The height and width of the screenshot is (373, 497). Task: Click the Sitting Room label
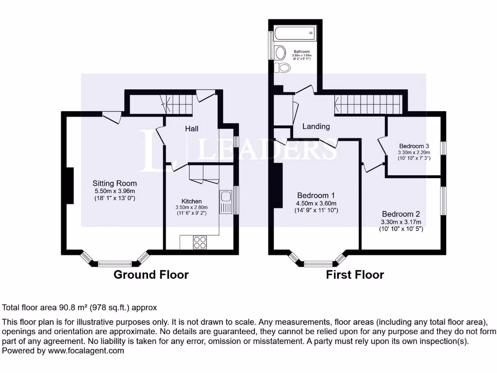point(115,183)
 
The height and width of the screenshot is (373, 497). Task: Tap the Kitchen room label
point(191,201)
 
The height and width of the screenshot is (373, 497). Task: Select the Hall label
point(191,129)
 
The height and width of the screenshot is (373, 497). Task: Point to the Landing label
point(316,126)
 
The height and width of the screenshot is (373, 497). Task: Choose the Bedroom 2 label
point(401,214)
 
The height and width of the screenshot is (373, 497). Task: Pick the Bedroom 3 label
point(414,146)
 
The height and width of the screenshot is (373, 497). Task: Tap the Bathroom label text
point(301,51)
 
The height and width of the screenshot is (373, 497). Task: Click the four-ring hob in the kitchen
point(200,242)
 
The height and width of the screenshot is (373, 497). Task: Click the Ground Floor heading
point(151,274)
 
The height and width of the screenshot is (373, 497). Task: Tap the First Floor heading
point(355,275)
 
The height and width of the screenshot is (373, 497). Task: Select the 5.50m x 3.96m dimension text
point(115,191)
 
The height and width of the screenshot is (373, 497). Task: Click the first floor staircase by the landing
point(367,104)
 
